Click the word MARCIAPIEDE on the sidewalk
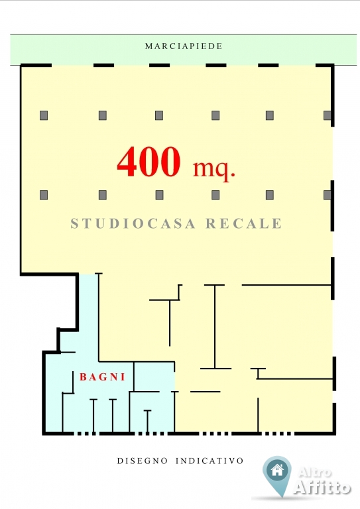(184, 46)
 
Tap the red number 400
(149, 161)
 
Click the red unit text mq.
(213, 169)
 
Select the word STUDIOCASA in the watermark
(133, 223)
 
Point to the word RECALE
(244, 223)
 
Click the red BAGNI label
(103, 377)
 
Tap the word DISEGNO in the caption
(142, 461)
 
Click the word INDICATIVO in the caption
(210, 461)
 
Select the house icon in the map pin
(277, 471)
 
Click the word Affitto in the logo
(322, 487)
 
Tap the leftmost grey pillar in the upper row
(44, 115)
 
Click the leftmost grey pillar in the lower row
(44, 195)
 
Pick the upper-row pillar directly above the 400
(159, 115)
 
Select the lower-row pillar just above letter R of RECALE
(215, 195)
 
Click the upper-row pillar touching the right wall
(328, 115)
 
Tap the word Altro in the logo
(314, 473)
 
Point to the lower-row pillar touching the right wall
(328, 195)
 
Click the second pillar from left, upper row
(103, 115)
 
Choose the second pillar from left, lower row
(103, 195)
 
